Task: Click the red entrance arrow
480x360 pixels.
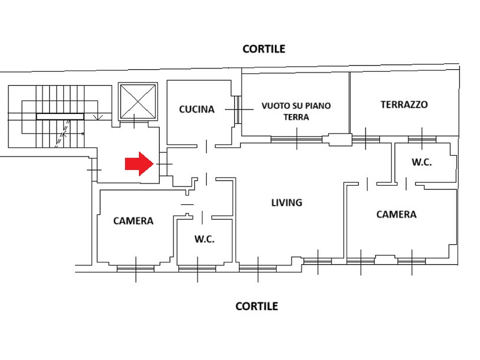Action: coord(139,164)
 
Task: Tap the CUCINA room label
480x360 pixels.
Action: coord(197,109)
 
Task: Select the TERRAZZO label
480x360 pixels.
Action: coord(404,104)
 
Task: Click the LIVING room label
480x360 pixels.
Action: coord(287,202)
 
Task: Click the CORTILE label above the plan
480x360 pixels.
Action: coord(264,49)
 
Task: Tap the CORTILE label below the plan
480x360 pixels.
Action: coord(257,306)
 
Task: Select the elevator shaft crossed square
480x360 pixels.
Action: coord(138,101)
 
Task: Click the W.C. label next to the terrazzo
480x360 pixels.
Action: coord(422,162)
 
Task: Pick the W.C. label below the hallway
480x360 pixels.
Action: coord(204,239)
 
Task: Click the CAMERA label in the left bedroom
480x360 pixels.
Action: coord(133,221)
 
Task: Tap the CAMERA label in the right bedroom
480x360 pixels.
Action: coord(397,214)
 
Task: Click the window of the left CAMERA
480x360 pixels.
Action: coord(136,269)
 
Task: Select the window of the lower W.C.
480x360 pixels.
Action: coord(197,269)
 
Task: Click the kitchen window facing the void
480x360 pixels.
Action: coord(238,109)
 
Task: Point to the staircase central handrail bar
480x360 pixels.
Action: coord(60,116)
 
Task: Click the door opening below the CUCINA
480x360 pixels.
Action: coord(206,146)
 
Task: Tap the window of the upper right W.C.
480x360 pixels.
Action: coord(422,139)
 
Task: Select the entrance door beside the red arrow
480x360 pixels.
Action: coord(164,164)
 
